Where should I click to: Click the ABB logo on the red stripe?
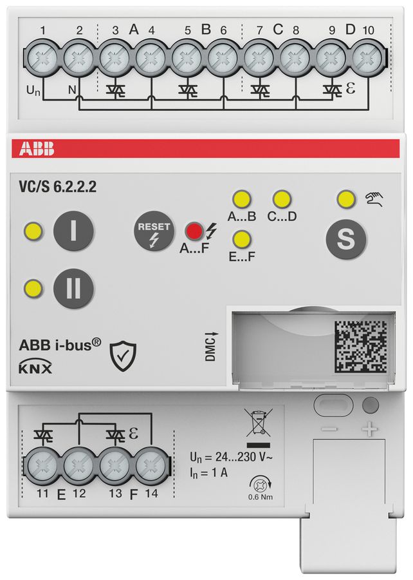click(x=37, y=150)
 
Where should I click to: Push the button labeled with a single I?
click(x=73, y=231)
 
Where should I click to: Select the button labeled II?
click(x=73, y=287)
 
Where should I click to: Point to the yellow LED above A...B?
click(x=241, y=198)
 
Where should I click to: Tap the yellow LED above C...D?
click(x=281, y=198)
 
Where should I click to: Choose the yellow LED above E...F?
click(x=241, y=239)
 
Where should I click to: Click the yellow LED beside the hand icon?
click(x=345, y=198)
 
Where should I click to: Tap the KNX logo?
click(x=37, y=369)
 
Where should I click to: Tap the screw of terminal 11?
click(x=43, y=463)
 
